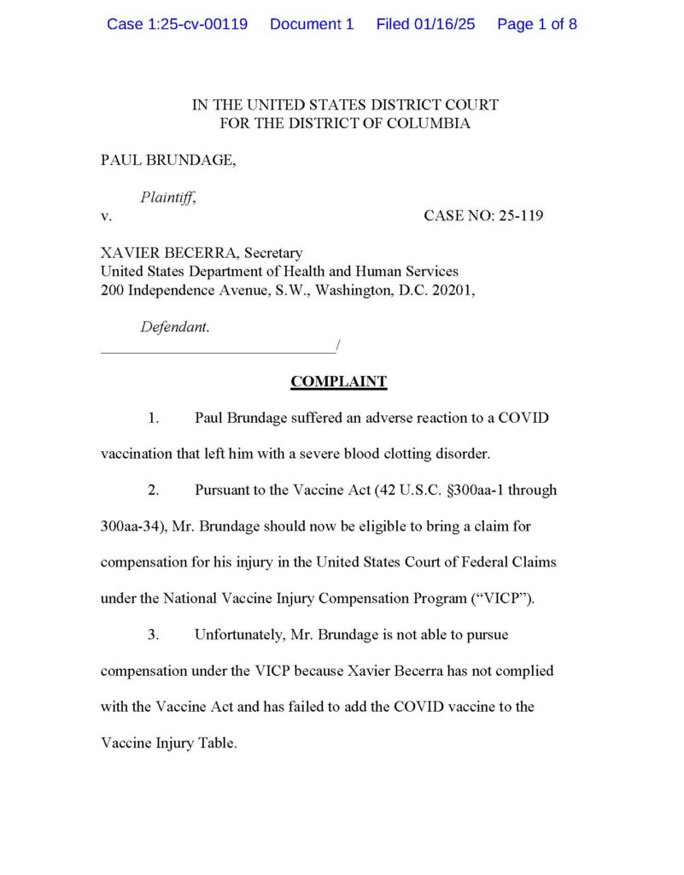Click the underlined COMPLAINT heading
tap(339, 382)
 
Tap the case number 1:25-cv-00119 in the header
tap(177, 24)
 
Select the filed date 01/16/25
tap(425, 24)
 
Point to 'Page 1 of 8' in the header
tap(536, 24)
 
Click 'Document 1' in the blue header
tap(311, 24)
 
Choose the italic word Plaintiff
tap(167, 197)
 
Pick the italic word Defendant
tap(174, 326)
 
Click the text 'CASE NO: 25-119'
tap(483, 216)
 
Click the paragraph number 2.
tap(154, 490)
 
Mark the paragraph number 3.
tap(154, 635)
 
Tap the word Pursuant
tap(222, 490)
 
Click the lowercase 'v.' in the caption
tap(106, 216)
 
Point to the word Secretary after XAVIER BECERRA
tap(273, 253)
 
